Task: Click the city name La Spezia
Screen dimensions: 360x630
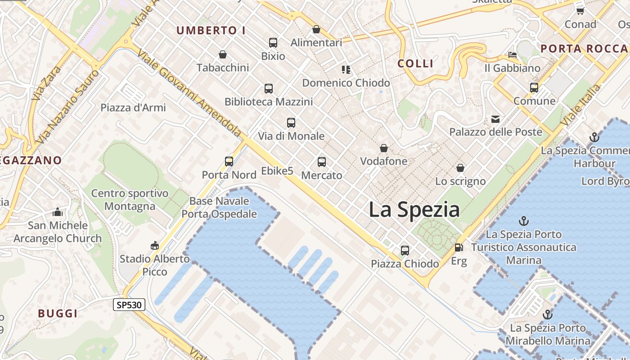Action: [414, 210]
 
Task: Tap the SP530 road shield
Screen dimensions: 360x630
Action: [129, 305]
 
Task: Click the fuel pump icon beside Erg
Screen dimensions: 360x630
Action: [459, 247]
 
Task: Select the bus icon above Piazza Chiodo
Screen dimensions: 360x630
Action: [405, 250]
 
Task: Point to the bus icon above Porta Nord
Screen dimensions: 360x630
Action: [229, 161]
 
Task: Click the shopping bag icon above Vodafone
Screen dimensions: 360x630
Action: [384, 148]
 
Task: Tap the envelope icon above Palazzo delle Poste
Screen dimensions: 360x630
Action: [495, 119]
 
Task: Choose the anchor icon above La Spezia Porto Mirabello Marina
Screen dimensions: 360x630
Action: [548, 314]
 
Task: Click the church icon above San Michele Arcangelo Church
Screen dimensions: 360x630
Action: [58, 212]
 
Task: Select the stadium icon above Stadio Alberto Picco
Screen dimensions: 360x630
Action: [155, 245]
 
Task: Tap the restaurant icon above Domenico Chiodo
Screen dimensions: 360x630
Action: [346, 69]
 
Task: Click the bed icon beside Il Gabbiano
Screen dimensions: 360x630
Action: [513, 55]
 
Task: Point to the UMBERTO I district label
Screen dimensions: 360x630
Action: [211, 31]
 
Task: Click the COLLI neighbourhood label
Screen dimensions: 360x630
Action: [416, 63]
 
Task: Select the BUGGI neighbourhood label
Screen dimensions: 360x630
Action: [58, 313]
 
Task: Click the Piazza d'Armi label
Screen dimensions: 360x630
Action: [133, 108]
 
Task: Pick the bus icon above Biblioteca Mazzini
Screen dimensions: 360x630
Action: [269, 88]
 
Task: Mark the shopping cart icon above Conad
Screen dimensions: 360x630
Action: [580, 10]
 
